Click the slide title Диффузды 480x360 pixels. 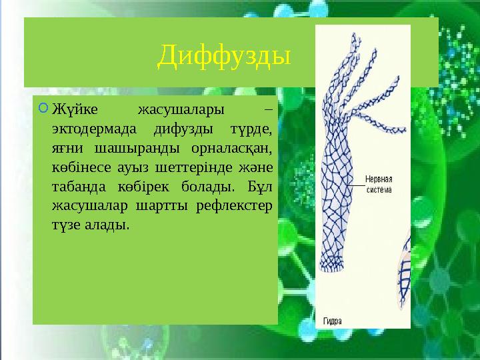[x=224, y=57]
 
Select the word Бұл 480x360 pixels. [x=257, y=186]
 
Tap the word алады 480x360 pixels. [x=105, y=225]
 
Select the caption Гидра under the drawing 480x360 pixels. [x=333, y=320]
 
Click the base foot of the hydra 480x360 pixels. [x=331, y=267]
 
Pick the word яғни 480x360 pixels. [x=68, y=147]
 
